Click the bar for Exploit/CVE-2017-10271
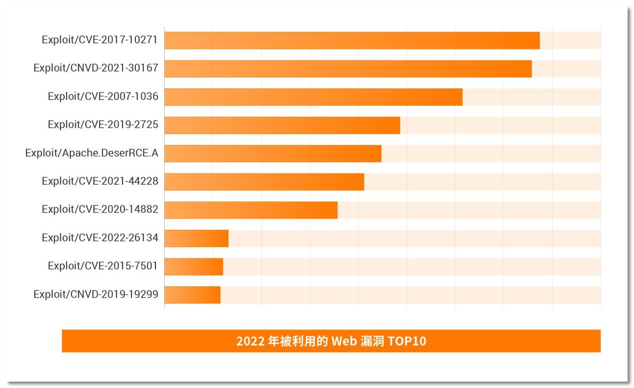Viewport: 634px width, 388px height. [x=352, y=40]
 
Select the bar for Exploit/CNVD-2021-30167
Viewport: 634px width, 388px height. [x=348, y=69]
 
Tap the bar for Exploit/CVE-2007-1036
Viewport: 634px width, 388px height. [x=313, y=97]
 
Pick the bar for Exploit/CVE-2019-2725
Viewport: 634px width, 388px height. [x=282, y=125]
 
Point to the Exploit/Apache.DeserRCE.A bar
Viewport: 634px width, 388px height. [x=273, y=153]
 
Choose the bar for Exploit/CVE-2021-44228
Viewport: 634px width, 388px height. [x=264, y=182]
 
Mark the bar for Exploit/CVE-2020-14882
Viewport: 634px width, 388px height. [x=251, y=210]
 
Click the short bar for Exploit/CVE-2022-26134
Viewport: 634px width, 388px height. [x=196, y=238]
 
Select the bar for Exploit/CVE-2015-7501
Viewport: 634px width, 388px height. [x=194, y=267]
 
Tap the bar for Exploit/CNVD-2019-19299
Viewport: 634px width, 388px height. [x=192, y=295]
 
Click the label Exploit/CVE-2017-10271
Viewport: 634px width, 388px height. [x=100, y=40]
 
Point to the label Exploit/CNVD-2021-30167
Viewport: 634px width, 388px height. [x=96, y=68]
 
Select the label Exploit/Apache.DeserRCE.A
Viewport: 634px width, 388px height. [x=92, y=153]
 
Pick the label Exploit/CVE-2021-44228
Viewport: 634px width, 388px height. [x=100, y=181]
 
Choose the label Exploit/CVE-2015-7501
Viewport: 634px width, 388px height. [x=103, y=266]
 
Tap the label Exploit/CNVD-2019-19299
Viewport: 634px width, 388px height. [x=96, y=294]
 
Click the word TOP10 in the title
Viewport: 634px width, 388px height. [x=407, y=341]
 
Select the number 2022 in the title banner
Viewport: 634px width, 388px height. [x=251, y=341]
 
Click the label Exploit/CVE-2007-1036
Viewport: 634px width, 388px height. [x=103, y=97]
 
